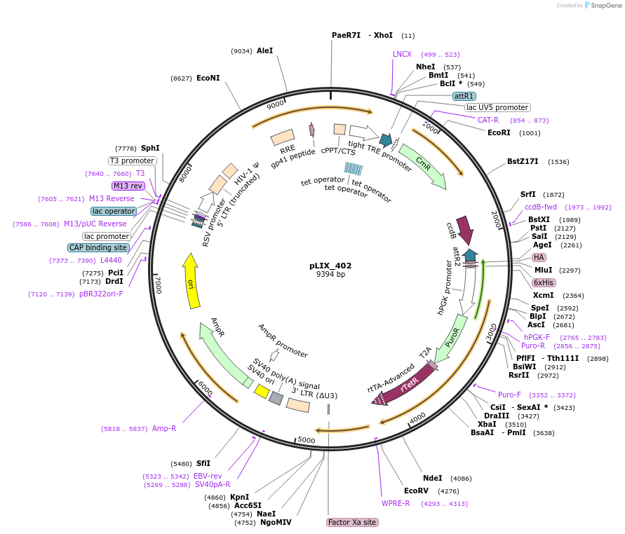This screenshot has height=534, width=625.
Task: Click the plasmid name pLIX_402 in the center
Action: point(330,266)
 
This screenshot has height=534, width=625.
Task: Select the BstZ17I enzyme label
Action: point(523,161)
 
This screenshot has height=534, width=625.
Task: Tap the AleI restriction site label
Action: point(264,50)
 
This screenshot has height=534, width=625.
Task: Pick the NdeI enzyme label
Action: point(433,478)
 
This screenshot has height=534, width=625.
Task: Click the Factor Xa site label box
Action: point(352,522)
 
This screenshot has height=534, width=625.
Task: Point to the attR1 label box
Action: point(464,96)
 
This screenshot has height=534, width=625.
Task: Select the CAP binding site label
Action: point(98,247)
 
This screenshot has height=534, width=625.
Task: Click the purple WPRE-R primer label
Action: point(396,503)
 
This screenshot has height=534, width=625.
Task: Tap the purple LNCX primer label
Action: point(402,54)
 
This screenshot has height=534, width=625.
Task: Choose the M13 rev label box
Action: point(127,186)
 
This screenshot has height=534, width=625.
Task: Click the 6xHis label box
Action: point(543,282)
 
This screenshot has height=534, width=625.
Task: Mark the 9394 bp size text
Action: point(330,275)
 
